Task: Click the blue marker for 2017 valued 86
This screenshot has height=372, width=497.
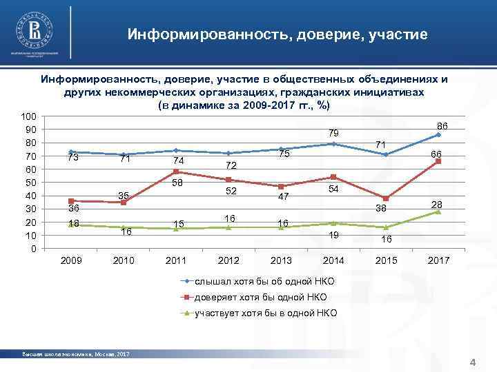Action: [x=438, y=134]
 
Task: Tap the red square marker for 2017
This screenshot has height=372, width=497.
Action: [x=438, y=161]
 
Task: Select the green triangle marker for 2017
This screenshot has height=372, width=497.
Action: [x=438, y=211]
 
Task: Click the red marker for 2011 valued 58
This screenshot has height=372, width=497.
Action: [x=176, y=172]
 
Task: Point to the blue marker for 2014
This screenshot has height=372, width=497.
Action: [x=333, y=144]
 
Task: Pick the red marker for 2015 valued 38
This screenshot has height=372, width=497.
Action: [x=386, y=198]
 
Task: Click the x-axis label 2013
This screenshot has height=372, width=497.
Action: [x=281, y=261]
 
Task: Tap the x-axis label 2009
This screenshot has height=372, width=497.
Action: [x=71, y=261]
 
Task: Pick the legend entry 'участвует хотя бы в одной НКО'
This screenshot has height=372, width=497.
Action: [x=265, y=313]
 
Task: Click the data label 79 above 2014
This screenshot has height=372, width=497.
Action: [x=333, y=132]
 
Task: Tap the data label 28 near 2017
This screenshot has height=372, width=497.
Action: [x=437, y=205]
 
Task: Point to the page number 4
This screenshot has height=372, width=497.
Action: [x=473, y=362]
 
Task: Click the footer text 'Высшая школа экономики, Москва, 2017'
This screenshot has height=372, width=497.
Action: [x=76, y=354]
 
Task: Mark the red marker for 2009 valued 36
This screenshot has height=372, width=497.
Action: [x=71, y=201]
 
